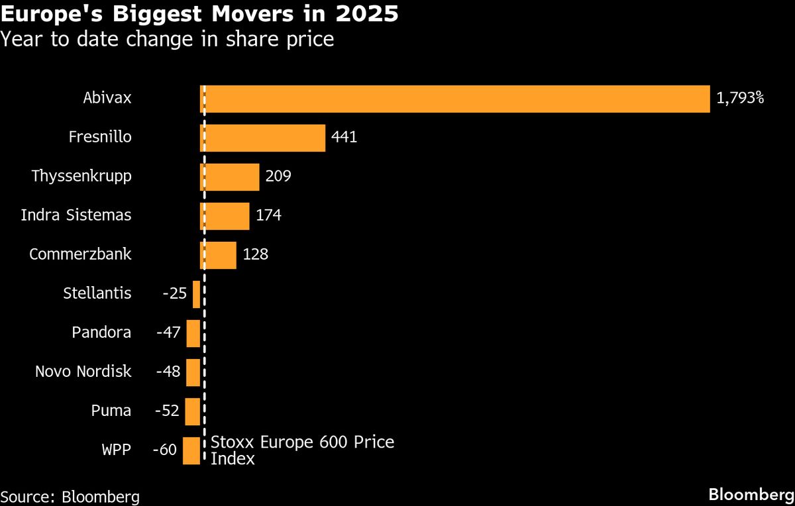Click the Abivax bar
coord(455,99)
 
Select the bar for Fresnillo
coord(263,138)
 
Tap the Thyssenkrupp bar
coord(230,177)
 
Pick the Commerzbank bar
coord(219,255)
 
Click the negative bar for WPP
coord(191,450)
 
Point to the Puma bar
coord(192,411)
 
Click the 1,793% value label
coord(740,99)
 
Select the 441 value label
coord(344,138)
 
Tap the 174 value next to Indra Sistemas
coord(268,216)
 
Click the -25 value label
coord(175,293)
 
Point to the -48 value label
coord(168,372)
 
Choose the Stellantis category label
coord(97,293)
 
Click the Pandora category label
coord(101,332)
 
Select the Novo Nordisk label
coord(83,372)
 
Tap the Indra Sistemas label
coord(76,216)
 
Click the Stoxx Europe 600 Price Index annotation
coord(301,450)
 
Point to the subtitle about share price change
coord(167,40)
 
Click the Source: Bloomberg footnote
coord(70,496)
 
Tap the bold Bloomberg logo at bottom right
coord(751,494)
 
